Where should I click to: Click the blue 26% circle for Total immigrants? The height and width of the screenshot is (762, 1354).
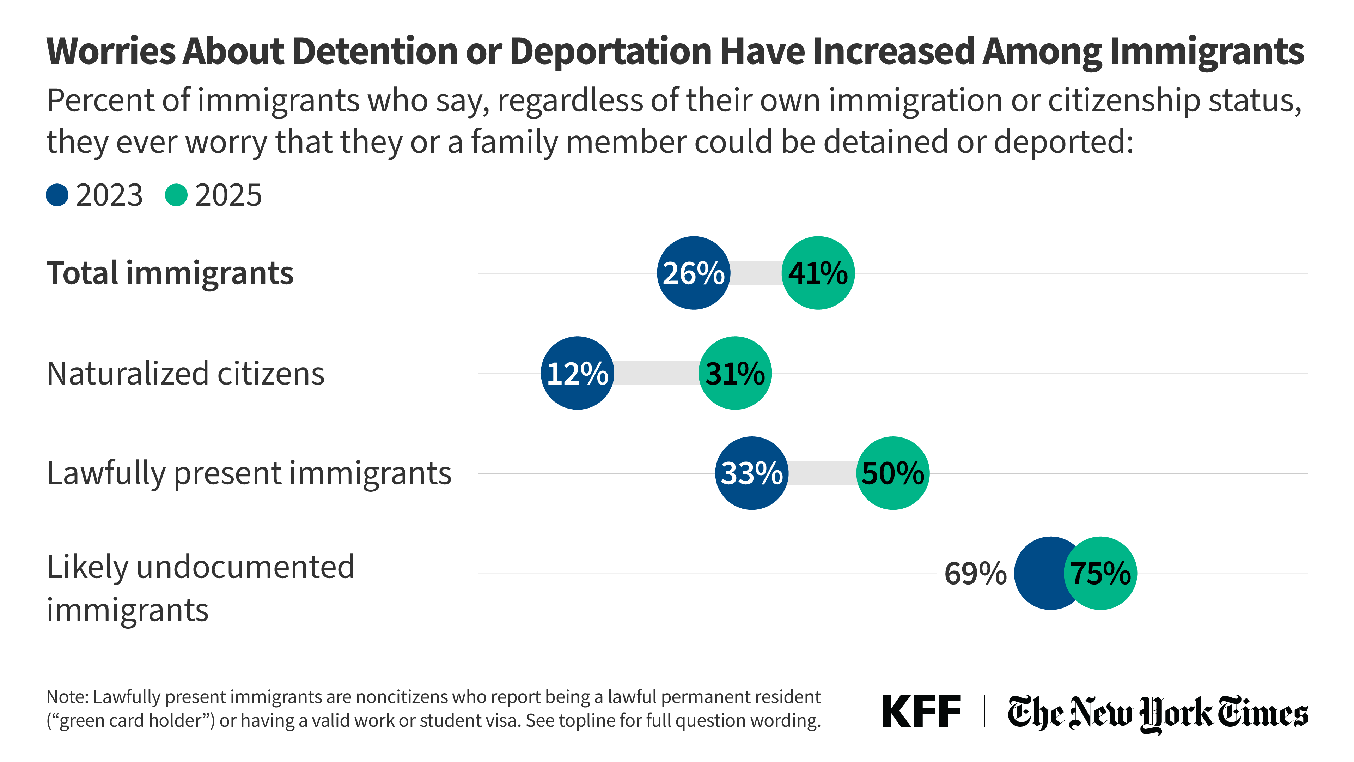pos(693,273)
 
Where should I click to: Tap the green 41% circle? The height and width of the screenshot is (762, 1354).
pos(818,273)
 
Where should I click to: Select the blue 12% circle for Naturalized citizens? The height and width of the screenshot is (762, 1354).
pos(577,373)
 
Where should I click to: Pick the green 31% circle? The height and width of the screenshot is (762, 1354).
pos(735,373)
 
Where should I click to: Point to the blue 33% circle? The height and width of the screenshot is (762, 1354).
pos(752,473)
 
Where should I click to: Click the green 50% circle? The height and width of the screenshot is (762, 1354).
pos(892,473)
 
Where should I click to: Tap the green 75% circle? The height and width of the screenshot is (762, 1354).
pos(1100,573)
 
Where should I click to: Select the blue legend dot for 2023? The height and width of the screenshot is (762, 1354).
pos(57,195)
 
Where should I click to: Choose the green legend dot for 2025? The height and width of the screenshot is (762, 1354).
pos(176,195)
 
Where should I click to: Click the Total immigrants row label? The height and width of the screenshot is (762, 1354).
pos(170,273)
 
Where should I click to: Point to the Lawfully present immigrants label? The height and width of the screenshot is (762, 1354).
pos(249,473)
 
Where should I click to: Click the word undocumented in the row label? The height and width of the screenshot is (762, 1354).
pos(245,567)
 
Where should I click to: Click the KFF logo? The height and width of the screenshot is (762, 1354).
pos(921,712)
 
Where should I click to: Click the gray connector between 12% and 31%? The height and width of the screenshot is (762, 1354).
pos(656,373)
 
